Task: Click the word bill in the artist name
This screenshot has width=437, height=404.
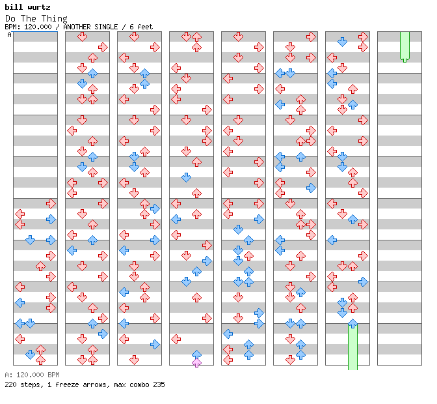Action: (x=14, y=7)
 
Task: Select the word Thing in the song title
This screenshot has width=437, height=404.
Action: (x=55, y=19)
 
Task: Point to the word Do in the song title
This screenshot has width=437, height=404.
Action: (x=10, y=19)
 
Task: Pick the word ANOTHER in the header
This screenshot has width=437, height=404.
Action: (x=77, y=27)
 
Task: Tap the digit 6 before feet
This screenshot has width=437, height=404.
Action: (x=131, y=27)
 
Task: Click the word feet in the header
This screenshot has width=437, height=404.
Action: (x=145, y=27)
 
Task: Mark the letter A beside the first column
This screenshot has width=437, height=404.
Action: (x=10, y=35)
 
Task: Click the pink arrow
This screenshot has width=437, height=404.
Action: (x=196, y=363)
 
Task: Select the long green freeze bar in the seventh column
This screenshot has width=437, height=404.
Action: (x=352, y=347)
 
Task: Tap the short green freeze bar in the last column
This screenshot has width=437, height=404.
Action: (x=404, y=47)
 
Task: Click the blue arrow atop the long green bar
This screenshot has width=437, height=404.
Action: (x=352, y=324)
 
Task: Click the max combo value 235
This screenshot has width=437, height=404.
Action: (x=159, y=384)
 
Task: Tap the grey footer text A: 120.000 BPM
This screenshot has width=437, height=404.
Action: (x=32, y=375)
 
